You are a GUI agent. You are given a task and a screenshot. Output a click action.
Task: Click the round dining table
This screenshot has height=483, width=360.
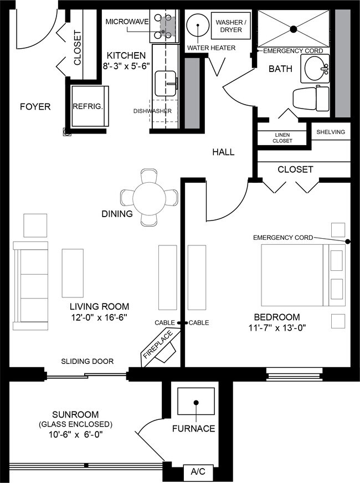click(x=149, y=197)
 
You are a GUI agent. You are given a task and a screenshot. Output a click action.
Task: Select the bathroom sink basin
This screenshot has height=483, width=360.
click(x=316, y=69)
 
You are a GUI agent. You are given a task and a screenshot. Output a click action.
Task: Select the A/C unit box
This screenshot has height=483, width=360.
click(x=198, y=472)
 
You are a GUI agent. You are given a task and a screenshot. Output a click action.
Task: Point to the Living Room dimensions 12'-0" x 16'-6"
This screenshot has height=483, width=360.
click(x=99, y=318)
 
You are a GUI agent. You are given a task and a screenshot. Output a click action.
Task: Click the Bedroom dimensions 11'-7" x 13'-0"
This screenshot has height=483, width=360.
click(x=277, y=328)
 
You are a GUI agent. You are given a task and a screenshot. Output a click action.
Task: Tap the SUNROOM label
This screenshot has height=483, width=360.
click(x=75, y=414)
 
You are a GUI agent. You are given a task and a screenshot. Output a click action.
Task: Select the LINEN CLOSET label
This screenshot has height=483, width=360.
click(x=282, y=138)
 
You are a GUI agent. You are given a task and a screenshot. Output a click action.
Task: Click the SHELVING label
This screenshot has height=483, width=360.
click(x=331, y=132)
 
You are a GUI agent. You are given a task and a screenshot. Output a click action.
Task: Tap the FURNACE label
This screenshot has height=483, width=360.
click(x=193, y=428)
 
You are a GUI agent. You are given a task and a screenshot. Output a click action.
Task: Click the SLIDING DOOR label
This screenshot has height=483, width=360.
click(x=87, y=361)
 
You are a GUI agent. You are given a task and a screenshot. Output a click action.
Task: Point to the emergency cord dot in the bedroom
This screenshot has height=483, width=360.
click(x=348, y=242)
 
